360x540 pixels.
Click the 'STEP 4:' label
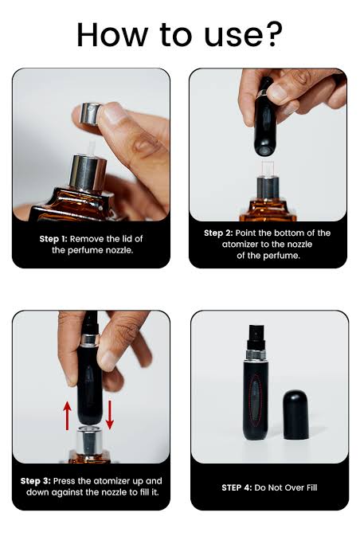click(239, 487)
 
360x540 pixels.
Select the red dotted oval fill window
click(254, 397)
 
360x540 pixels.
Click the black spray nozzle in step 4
click(254, 329)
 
